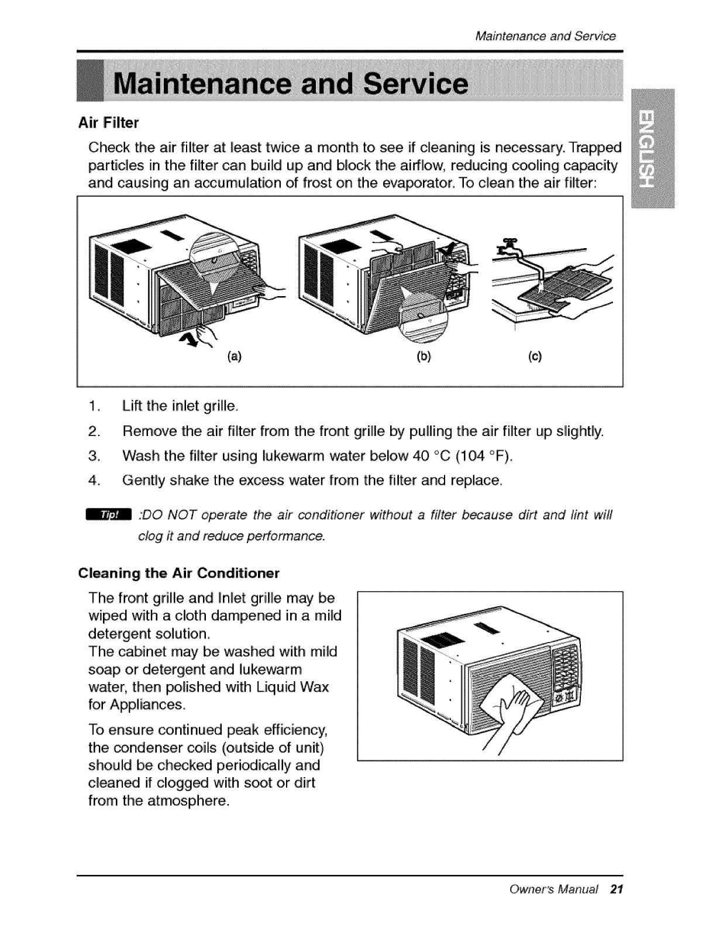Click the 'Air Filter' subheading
click(x=108, y=123)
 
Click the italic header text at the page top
click(x=545, y=36)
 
